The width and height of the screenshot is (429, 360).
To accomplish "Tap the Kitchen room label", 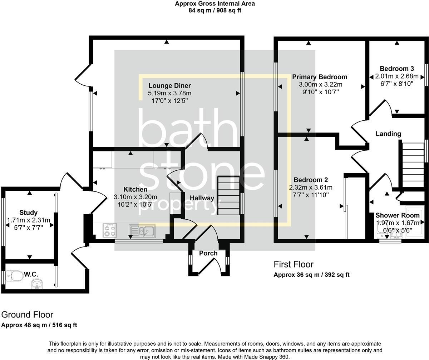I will click(x=135, y=189).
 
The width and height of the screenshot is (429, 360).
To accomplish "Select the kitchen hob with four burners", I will click(x=109, y=230).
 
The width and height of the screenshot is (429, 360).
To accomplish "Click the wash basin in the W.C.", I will click(x=37, y=284).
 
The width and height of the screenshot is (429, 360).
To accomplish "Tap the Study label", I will click(x=29, y=213).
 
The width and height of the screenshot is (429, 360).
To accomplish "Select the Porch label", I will click(x=208, y=253).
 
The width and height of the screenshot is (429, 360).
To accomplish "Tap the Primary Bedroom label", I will click(x=320, y=77).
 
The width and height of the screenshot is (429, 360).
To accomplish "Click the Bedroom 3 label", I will click(x=397, y=69).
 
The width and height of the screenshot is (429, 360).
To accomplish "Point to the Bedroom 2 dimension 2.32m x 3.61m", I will click(x=311, y=187).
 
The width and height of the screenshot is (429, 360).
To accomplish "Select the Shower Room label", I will click(x=397, y=215).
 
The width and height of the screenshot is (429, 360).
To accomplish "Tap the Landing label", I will click(x=388, y=134).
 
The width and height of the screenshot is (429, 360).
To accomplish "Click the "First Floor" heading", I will click(x=293, y=264).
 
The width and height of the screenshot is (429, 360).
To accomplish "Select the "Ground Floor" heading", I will click(x=27, y=315).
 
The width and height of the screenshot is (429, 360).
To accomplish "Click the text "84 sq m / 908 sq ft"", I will click(x=215, y=10).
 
